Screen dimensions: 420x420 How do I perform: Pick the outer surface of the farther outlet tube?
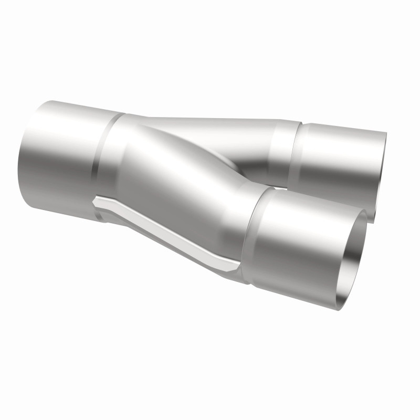coord(336,157)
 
